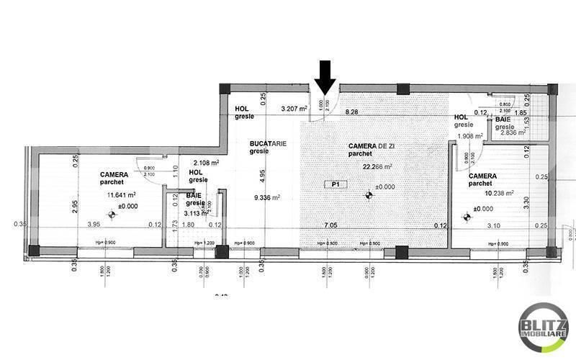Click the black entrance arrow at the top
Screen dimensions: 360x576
coord(325,78)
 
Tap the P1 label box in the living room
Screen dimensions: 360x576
coord(335,184)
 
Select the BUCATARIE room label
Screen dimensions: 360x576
coord(268,143)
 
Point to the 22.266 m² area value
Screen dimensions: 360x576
coord(377,166)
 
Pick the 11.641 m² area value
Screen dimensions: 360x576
coord(121,194)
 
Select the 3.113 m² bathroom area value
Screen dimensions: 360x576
coord(196,213)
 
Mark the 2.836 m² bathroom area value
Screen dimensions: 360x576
coord(513,132)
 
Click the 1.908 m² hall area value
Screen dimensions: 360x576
coord(468,135)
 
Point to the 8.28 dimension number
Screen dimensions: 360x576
coord(352,112)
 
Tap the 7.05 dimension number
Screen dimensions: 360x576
coord(330,226)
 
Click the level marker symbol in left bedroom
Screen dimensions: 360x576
coord(111,214)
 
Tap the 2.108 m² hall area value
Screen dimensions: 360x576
coord(205,163)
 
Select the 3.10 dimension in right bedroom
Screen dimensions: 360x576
coord(493,226)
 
